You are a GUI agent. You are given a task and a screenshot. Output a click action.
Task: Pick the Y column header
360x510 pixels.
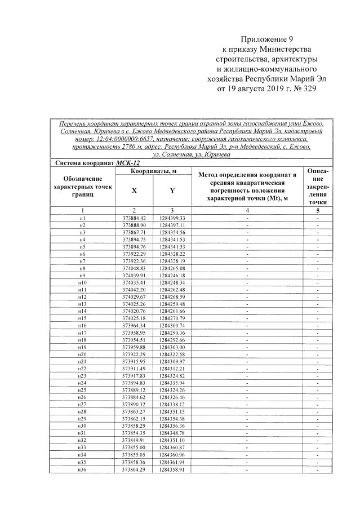(171, 190)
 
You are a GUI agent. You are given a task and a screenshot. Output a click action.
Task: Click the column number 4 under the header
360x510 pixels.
(247, 210)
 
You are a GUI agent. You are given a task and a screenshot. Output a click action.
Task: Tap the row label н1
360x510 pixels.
(82, 218)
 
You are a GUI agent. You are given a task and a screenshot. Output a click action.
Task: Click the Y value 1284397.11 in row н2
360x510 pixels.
(171, 225)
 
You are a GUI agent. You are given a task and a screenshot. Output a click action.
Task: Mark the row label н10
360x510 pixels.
(82, 282)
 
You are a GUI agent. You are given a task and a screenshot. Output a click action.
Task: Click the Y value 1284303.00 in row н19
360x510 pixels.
(171, 347)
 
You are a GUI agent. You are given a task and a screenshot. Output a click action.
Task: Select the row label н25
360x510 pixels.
(82, 390)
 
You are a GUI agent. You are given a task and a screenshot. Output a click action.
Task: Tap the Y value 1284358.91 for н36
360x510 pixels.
(171, 469)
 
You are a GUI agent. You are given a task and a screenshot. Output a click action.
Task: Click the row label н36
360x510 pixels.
(82, 469)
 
